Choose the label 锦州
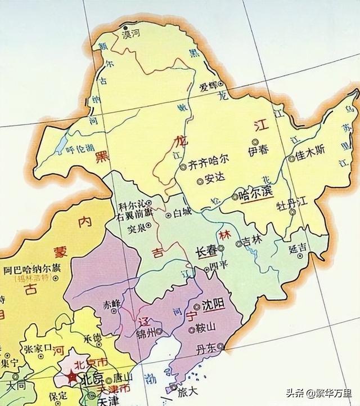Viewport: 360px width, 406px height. coord(146,332)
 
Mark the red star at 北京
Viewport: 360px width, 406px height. coord(72,377)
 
